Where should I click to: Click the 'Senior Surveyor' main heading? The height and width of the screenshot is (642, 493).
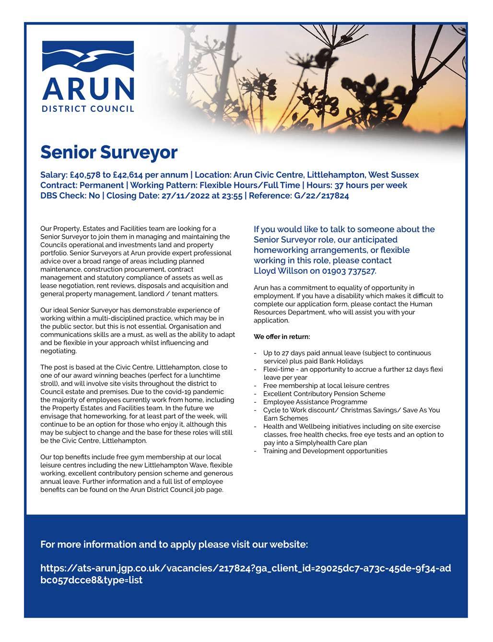109,152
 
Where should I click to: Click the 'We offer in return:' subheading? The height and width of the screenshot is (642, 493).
282,337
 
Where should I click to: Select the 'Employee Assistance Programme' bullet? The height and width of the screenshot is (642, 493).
315,402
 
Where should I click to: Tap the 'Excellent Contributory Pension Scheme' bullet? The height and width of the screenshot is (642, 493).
324,394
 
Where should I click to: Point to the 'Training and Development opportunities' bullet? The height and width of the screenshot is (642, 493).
325,451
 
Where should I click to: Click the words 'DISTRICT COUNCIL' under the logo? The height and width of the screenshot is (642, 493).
88,108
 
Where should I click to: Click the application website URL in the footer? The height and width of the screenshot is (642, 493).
246,574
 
